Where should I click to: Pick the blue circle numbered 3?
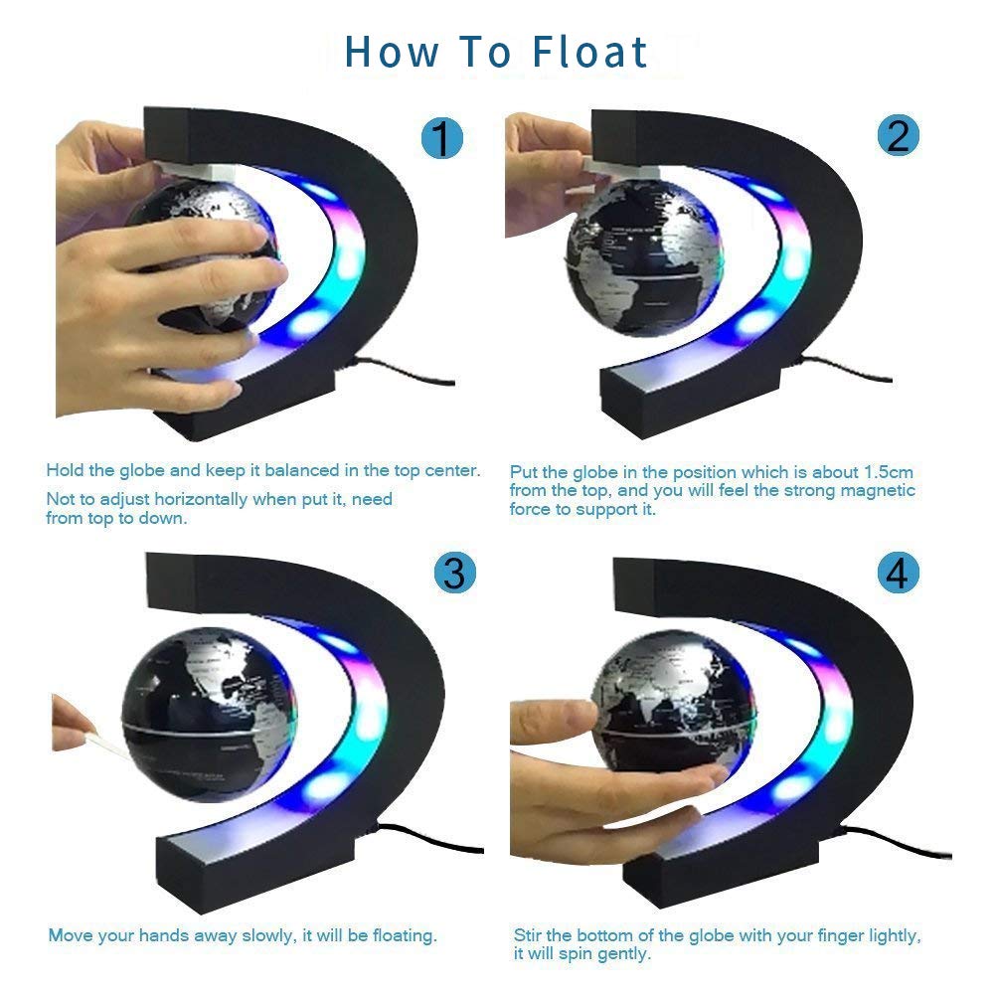click(x=454, y=574)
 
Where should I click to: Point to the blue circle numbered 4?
click(x=898, y=573)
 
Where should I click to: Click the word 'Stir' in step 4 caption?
click(x=528, y=936)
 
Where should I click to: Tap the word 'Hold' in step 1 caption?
click(x=64, y=470)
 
